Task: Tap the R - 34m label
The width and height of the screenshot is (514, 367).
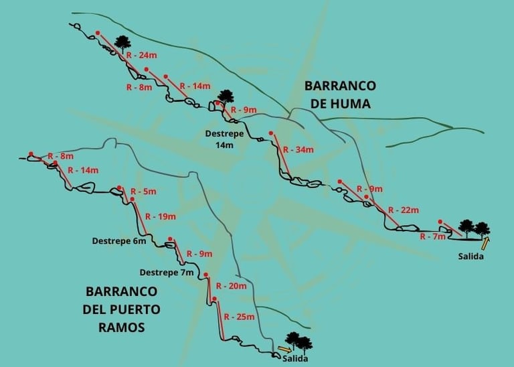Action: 298,149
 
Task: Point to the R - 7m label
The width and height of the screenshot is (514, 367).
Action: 432,236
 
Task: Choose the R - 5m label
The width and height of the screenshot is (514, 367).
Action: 143,192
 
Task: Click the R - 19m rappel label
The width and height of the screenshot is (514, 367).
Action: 160,216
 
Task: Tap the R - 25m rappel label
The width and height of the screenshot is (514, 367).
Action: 240,316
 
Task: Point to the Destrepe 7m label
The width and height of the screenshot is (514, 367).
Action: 167,273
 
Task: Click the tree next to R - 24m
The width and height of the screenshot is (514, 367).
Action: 122,44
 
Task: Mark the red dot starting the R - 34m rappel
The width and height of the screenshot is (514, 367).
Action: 270,133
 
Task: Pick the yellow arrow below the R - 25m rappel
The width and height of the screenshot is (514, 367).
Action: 284,349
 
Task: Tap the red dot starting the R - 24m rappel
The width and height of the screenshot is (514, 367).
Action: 97,32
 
